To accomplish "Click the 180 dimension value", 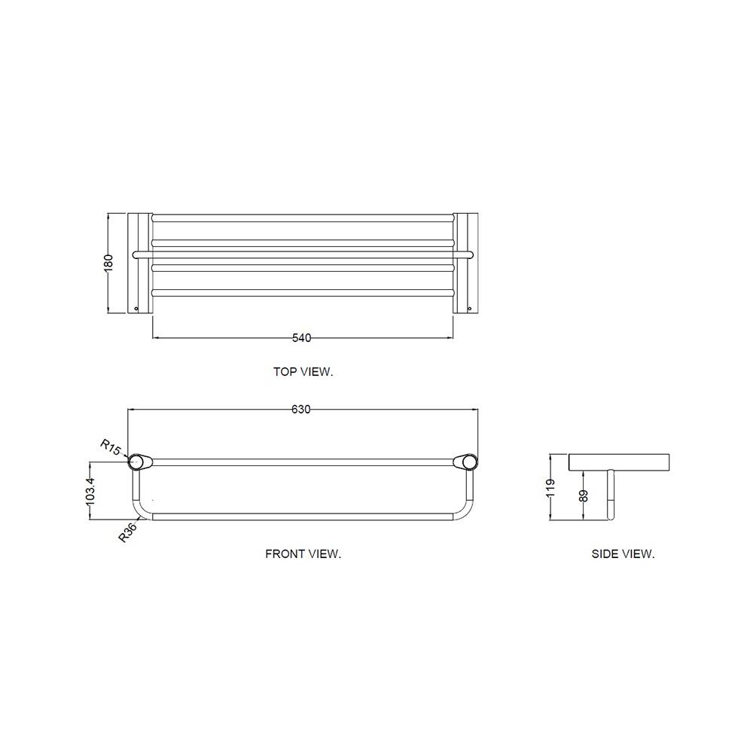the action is coord(109,263).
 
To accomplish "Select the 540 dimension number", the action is coord(302,338).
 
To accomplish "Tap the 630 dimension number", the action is coord(301,409).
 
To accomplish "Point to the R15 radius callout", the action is coord(110,447).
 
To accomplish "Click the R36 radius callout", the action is coord(128,532).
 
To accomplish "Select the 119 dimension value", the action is coord(551,487).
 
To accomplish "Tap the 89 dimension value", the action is coord(584,495).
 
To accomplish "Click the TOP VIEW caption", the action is coord(303,372).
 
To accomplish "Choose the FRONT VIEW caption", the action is coord(303,554).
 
